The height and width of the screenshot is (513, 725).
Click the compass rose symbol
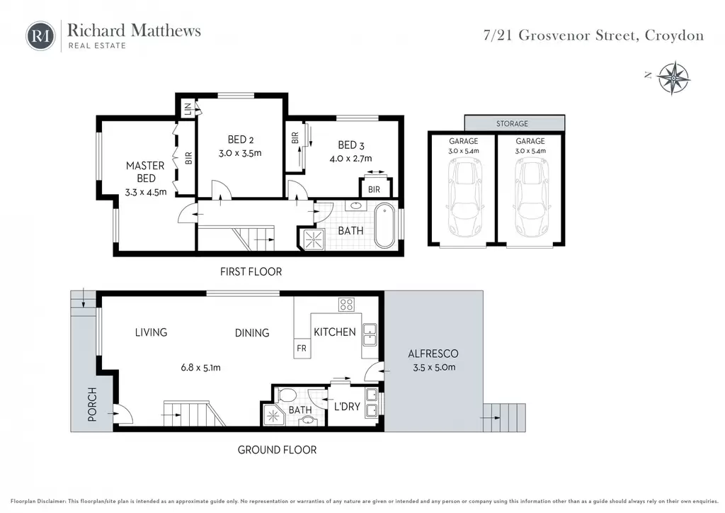click(x=674, y=78)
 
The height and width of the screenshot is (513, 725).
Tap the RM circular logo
click(x=40, y=35)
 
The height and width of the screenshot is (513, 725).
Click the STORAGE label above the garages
click(x=512, y=123)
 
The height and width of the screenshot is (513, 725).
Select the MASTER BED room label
click(x=146, y=171)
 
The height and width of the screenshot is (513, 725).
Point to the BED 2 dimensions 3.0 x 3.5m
click(x=240, y=152)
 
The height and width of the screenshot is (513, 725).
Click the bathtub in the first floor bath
click(x=384, y=226)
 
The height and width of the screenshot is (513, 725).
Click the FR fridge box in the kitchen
click(x=302, y=348)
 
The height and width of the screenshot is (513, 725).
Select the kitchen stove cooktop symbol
click(x=346, y=304)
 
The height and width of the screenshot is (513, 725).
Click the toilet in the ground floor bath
click(x=287, y=396)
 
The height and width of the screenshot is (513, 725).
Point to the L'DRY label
click(x=347, y=406)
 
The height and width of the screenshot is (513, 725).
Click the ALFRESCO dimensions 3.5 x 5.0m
click(x=434, y=367)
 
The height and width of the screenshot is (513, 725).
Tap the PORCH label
click(x=92, y=405)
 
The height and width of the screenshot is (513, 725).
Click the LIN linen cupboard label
click(x=188, y=109)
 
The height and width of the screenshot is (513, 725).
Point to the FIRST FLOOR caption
click(x=251, y=271)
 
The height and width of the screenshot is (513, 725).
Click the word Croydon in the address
click(x=674, y=35)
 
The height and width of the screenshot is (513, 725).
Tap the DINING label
click(x=252, y=332)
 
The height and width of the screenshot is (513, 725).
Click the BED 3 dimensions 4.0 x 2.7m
click(x=350, y=158)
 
